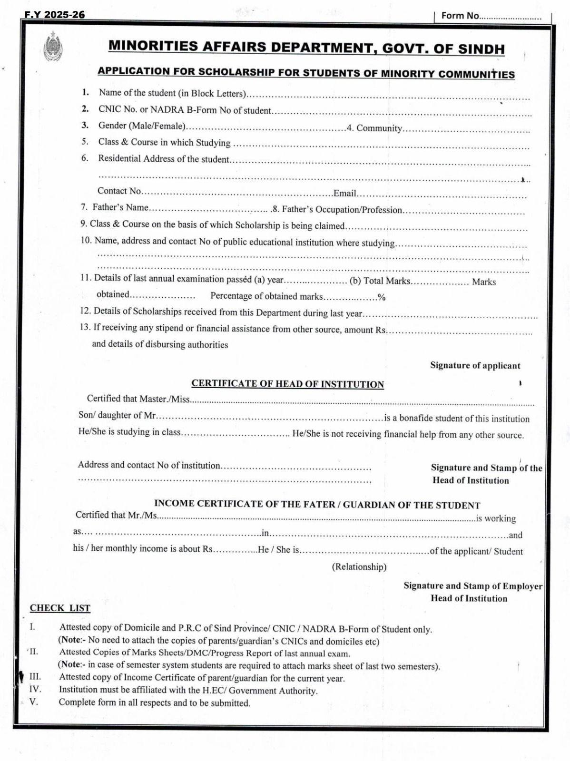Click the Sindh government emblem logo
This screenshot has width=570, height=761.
(52, 47)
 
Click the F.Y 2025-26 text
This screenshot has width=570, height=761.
(55, 15)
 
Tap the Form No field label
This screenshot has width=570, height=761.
(460, 16)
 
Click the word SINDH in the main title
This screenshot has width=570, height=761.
(481, 49)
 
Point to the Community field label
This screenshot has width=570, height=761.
(379, 128)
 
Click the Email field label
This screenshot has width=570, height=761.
(345, 193)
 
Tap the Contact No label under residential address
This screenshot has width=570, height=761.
(119, 191)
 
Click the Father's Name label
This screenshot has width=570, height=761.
(120, 207)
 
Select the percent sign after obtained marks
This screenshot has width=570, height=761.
(382, 298)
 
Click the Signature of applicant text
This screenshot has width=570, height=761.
(475, 365)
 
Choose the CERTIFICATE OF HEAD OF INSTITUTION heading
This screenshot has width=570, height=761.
(287, 384)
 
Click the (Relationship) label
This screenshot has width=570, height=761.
(359, 566)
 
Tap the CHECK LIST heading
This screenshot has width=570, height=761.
(60, 608)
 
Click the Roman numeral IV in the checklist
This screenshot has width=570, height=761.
(35, 689)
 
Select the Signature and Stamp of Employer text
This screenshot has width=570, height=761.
(472, 585)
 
